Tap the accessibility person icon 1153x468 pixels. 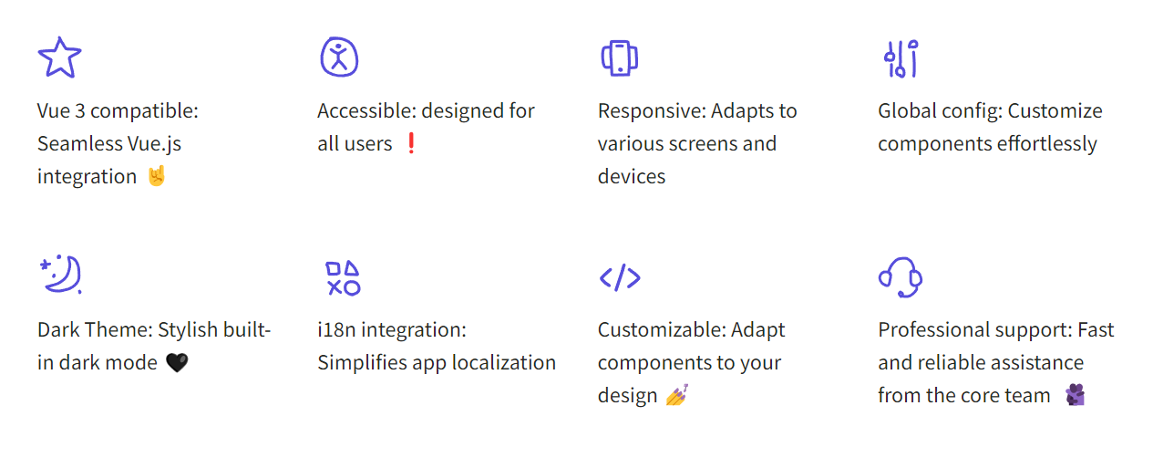pyautogui.click(x=339, y=57)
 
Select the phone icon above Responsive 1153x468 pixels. pyautogui.click(x=620, y=57)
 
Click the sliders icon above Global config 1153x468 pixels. pyautogui.click(x=901, y=58)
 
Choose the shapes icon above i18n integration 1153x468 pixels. pyautogui.click(x=344, y=278)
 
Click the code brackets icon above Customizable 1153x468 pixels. pyautogui.click(x=620, y=278)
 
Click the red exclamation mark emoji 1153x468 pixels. pyautogui.click(x=411, y=143)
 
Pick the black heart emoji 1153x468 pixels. pyautogui.click(x=177, y=363)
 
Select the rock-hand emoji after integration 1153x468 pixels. pyautogui.click(x=157, y=176)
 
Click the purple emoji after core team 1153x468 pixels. pyautogui.click(x=1076, y=395)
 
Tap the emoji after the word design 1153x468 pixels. pyautogui.click(x=677, y=395)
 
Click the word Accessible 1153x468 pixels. pyautogui.click(x=366, y=110)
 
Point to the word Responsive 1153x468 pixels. pyautogui.click(x=651, y=111)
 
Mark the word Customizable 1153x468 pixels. pyautogui.click(x=662, y=330)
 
